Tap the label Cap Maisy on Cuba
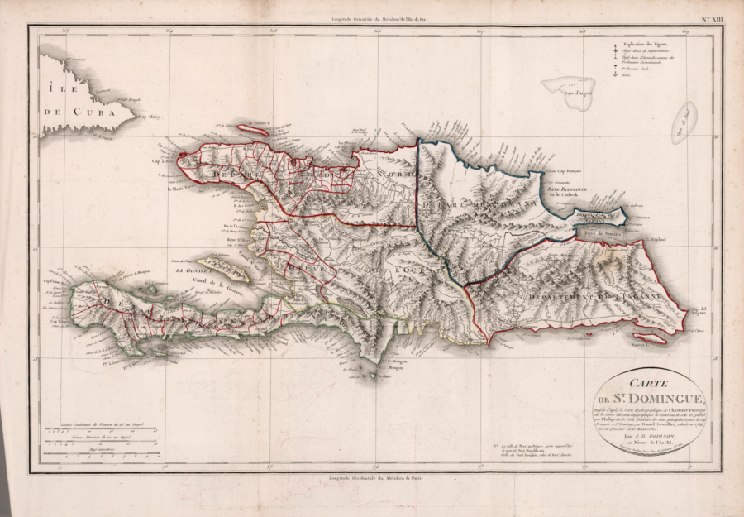pos(150,117)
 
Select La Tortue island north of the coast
pos(253,130)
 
